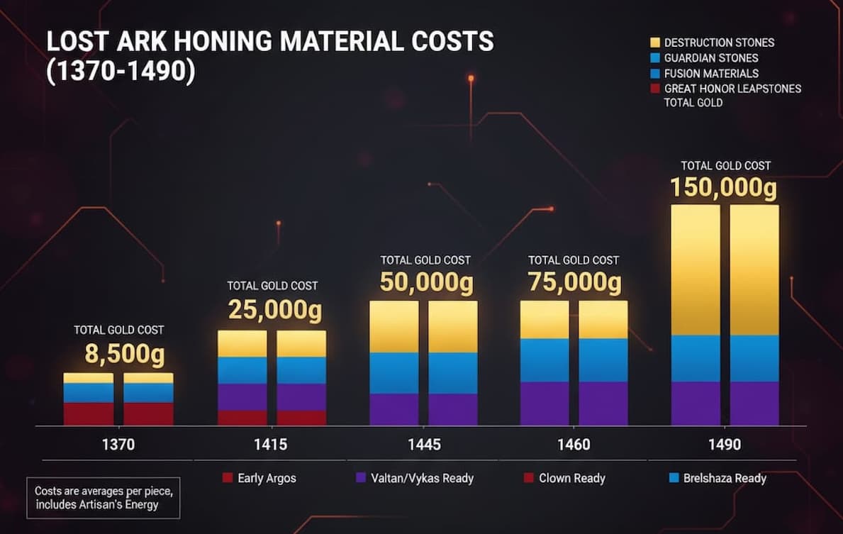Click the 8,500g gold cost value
click(118, 354)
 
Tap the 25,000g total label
click(274, 310)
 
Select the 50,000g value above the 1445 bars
click(426, 282)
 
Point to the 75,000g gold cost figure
click(574, 282)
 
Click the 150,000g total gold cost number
click(724, 188)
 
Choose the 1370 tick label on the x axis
click(118, 445)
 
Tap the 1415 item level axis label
click(271, 445)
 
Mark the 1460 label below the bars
click(574, 445)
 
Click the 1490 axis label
click(724, 445)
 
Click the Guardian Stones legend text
click(710, 58)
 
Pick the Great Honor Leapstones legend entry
click(732, 89)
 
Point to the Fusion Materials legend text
click(711, 74)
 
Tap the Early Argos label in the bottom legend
click(267, 478)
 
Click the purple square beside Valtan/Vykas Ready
click(359, 478)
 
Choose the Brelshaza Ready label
click(724, 478)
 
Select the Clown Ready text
click(571, 478)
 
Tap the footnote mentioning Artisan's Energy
click(104, 497)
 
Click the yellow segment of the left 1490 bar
click(696, 269)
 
